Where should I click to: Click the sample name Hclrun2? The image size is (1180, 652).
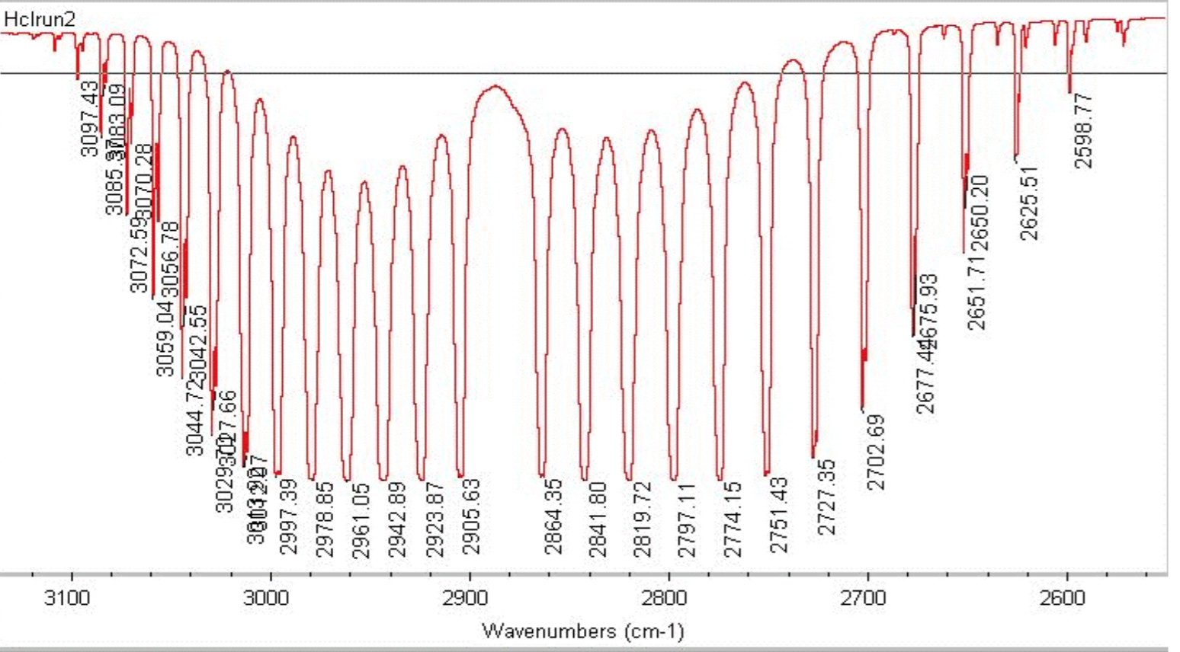click(40, 20)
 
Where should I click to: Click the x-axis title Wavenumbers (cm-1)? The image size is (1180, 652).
click(583, 631)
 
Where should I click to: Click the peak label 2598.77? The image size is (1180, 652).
click(1084, 130)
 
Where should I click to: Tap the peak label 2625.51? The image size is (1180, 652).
click(1029, 203)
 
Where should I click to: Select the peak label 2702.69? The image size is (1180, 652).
click(876, 452)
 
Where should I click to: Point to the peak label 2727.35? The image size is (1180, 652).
click(826, 497)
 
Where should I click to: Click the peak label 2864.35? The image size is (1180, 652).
click(553, 517)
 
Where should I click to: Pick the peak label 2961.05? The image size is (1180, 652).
click(361, 521)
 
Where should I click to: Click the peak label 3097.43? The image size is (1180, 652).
click(90, 119)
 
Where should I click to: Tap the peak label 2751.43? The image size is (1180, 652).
click(778, 515)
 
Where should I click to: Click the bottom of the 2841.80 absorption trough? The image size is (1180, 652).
click(585, 478)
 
